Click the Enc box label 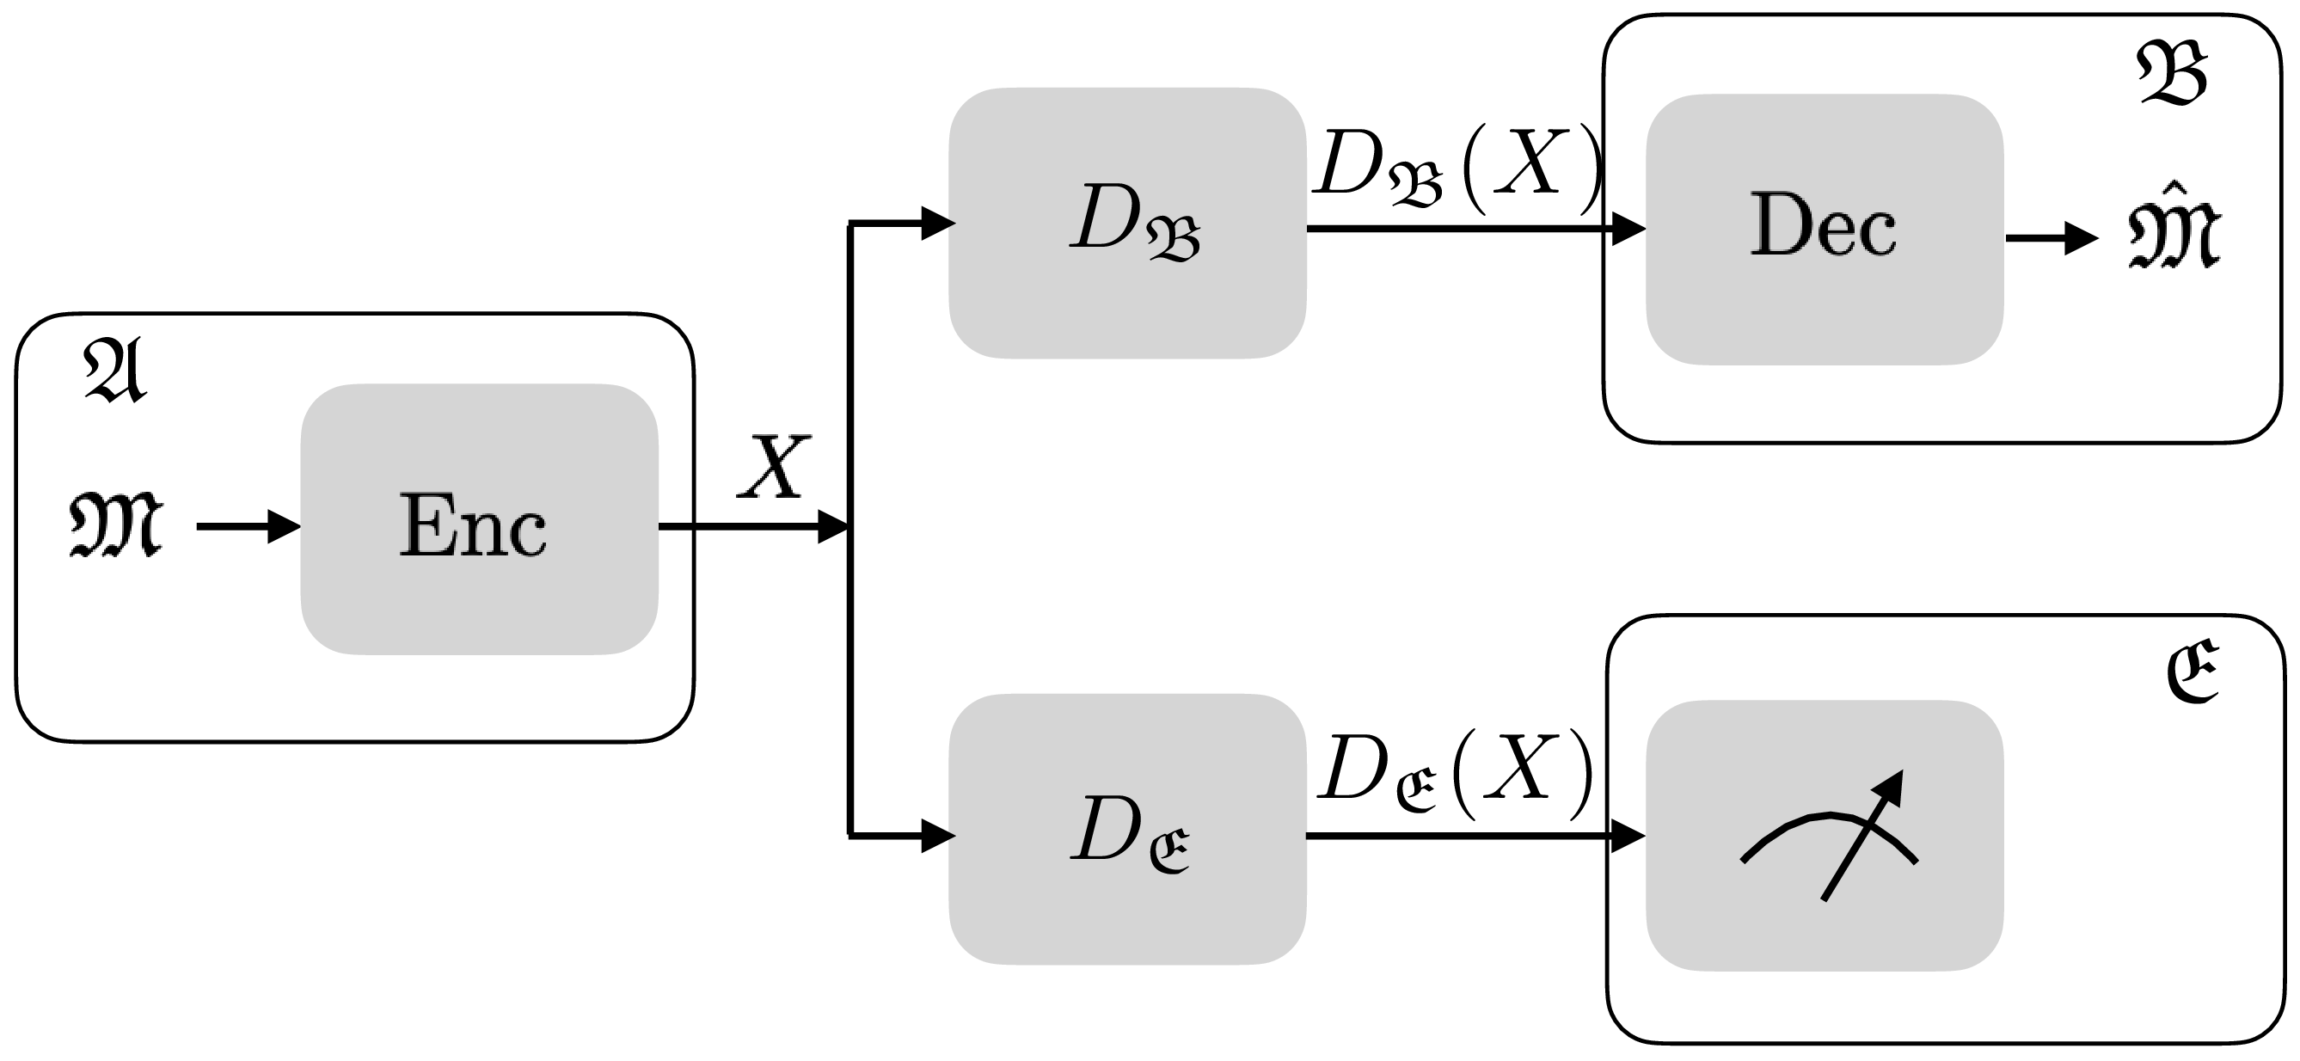click(x=472, y=527)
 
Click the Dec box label click(x=1822, y=226)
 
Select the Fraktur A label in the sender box click(x=114, y=371)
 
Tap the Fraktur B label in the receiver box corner click(x=2171, y=76)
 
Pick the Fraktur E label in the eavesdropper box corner click(x=2192, y=672)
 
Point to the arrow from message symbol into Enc click(x=248, y=527)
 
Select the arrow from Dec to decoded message click(x=2050, y=238)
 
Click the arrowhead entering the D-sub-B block click(x=936, y=224)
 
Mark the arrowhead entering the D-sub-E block click(x=936, y=836)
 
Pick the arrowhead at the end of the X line click(x=831, y=527)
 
